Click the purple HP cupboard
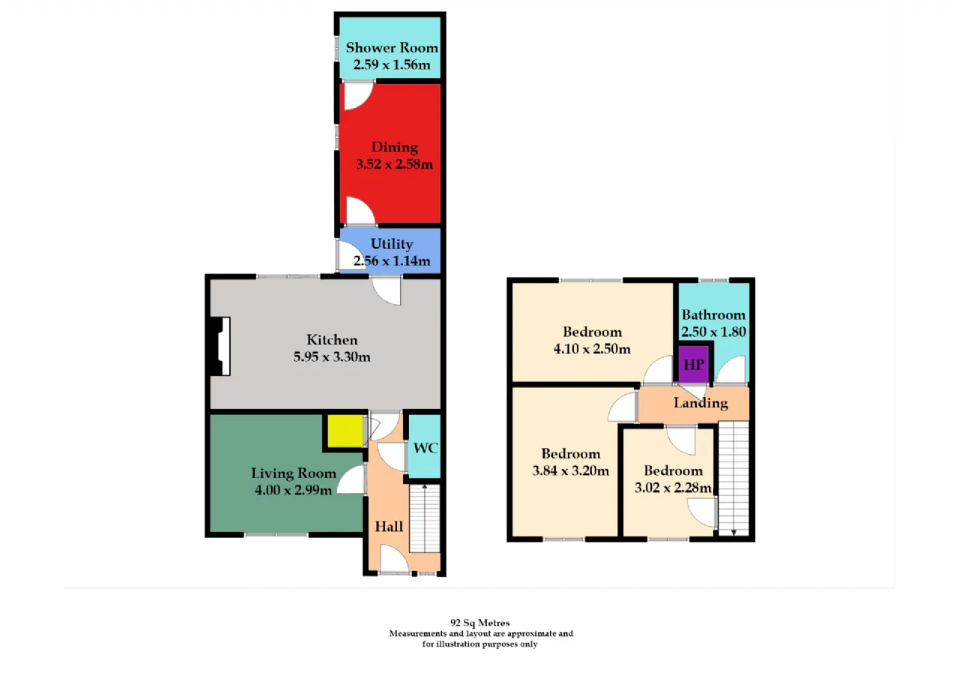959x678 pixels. (694, 364)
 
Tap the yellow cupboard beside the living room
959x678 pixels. (345, 431)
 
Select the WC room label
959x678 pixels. (426, 448)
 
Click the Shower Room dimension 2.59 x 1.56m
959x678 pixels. (392, 64)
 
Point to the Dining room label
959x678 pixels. (394, 148)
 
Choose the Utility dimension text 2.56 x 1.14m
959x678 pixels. (392, 261)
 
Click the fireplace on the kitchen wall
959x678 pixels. (220, 346)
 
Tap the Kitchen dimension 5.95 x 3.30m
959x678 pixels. (332, 357)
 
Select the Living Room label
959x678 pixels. (293, 473)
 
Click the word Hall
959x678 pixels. (389, 527)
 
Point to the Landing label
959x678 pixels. (701, 403)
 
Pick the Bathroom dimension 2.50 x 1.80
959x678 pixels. (714, 332)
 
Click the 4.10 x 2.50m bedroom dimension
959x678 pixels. (592, 349)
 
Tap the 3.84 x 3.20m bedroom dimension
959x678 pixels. (571, 470)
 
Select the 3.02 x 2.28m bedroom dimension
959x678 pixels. (673, 488)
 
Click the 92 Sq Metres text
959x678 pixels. (480, 623)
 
